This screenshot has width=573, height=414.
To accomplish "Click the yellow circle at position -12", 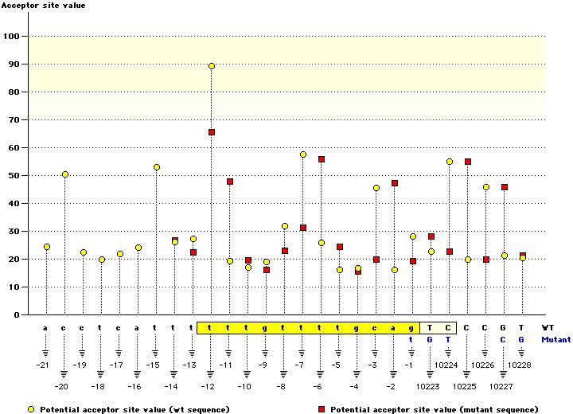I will click(x=212, y=66).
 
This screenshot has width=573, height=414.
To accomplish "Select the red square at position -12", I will click(x=212, y=132).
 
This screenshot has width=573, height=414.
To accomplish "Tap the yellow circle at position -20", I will click(x=65, y=174).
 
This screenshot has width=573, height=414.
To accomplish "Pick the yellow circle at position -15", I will click(x=157, y=167).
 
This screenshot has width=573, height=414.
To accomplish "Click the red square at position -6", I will click(x=322, y=159).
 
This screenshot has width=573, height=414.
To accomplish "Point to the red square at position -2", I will click(x=395, y=183).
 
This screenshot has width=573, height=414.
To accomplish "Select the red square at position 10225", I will click(x=468, y=162).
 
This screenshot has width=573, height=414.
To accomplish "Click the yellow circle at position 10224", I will click(x=450, y=162).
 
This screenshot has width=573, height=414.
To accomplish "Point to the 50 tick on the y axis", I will click(x=14, y=176).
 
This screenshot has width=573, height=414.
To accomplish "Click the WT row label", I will click(x=548, y=327).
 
